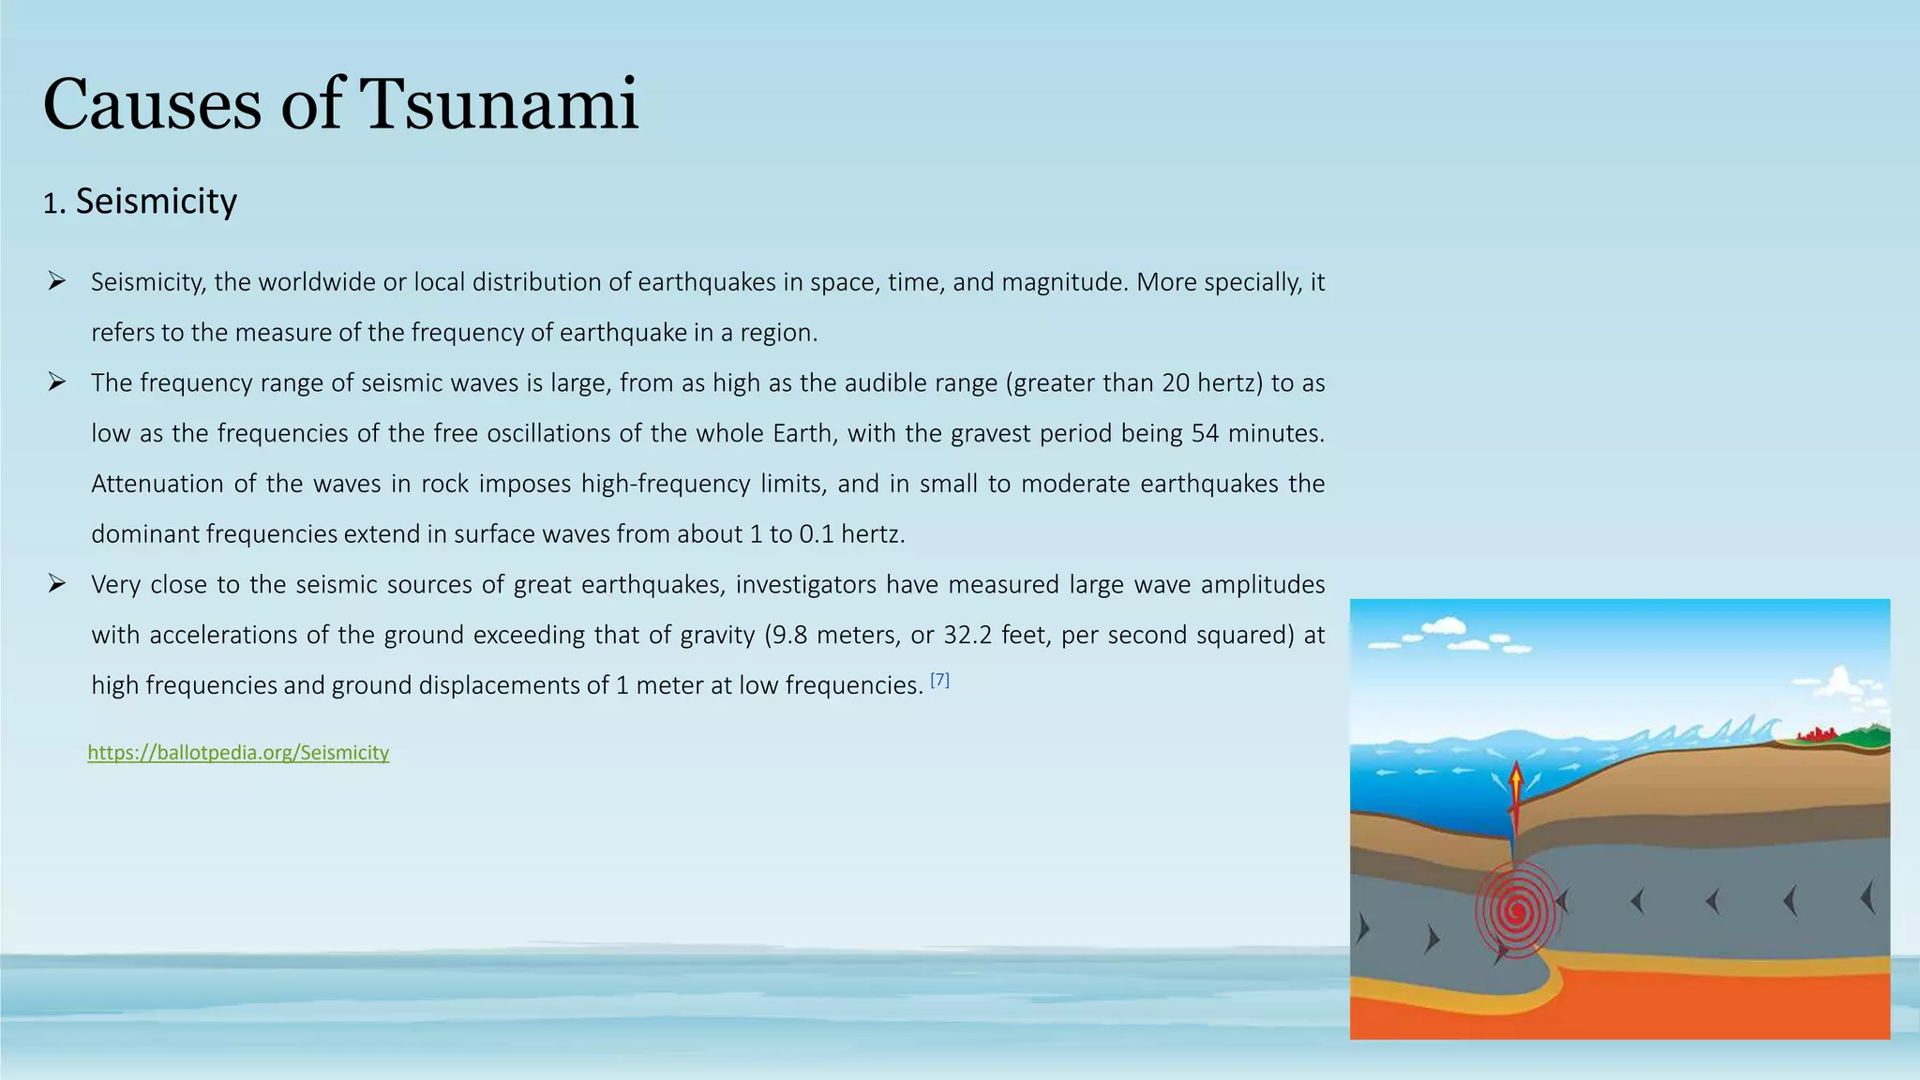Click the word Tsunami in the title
pyautogui.click(x=499, y=104)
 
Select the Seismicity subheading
pyautogui.click(x=156, y=202)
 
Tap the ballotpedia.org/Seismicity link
pyautogui.click(x=238, y=753)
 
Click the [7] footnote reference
pyautogui.click(x=939, y=682)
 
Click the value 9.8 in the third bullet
pyautogui.click(x=789, y=636)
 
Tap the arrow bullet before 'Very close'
pyautogui.click(x=57, y=584)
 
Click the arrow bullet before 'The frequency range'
pyautogui.click(x=57, y=382)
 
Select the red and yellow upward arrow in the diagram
pyautogui.click(x=1515, y=792)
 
